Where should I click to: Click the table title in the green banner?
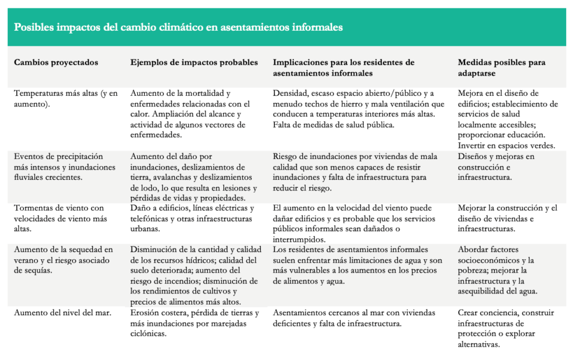click(x=178, y=27)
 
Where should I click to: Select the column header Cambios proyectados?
click(x=56, y=63)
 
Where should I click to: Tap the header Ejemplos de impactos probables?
click(x=194, y=63)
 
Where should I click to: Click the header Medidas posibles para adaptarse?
click(x=501, y=68)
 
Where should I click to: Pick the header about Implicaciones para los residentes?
click(x=344, y=68)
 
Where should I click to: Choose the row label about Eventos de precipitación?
click(x=65, y=167)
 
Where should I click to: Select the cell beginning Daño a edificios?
click(x=194, y=218)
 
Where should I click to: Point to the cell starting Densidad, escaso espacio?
click(x=358, y=109)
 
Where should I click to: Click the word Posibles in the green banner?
click(x=32, y=27)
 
